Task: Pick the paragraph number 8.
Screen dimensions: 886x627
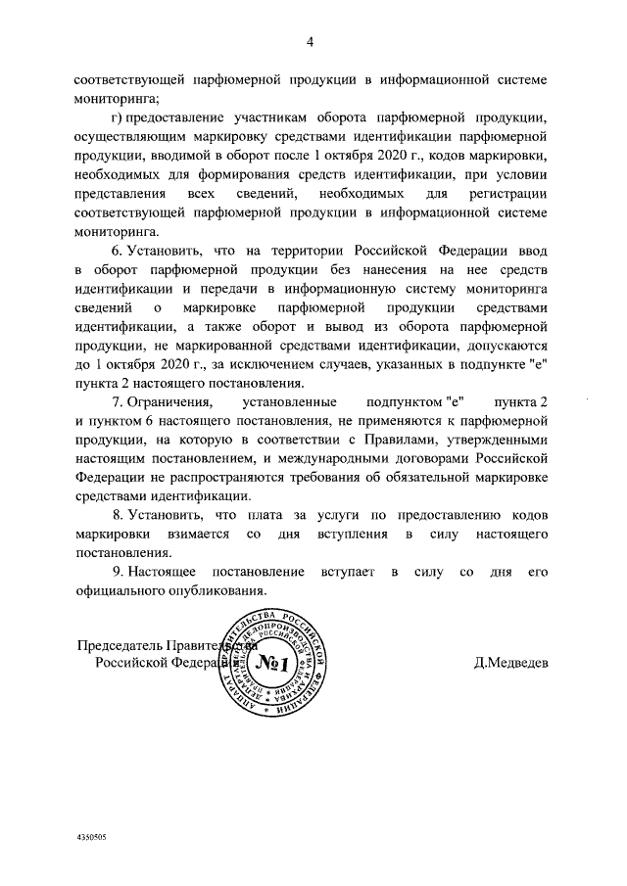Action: [117, 515]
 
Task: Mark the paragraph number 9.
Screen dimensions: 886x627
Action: [117, 570]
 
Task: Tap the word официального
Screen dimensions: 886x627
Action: [121, 589]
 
